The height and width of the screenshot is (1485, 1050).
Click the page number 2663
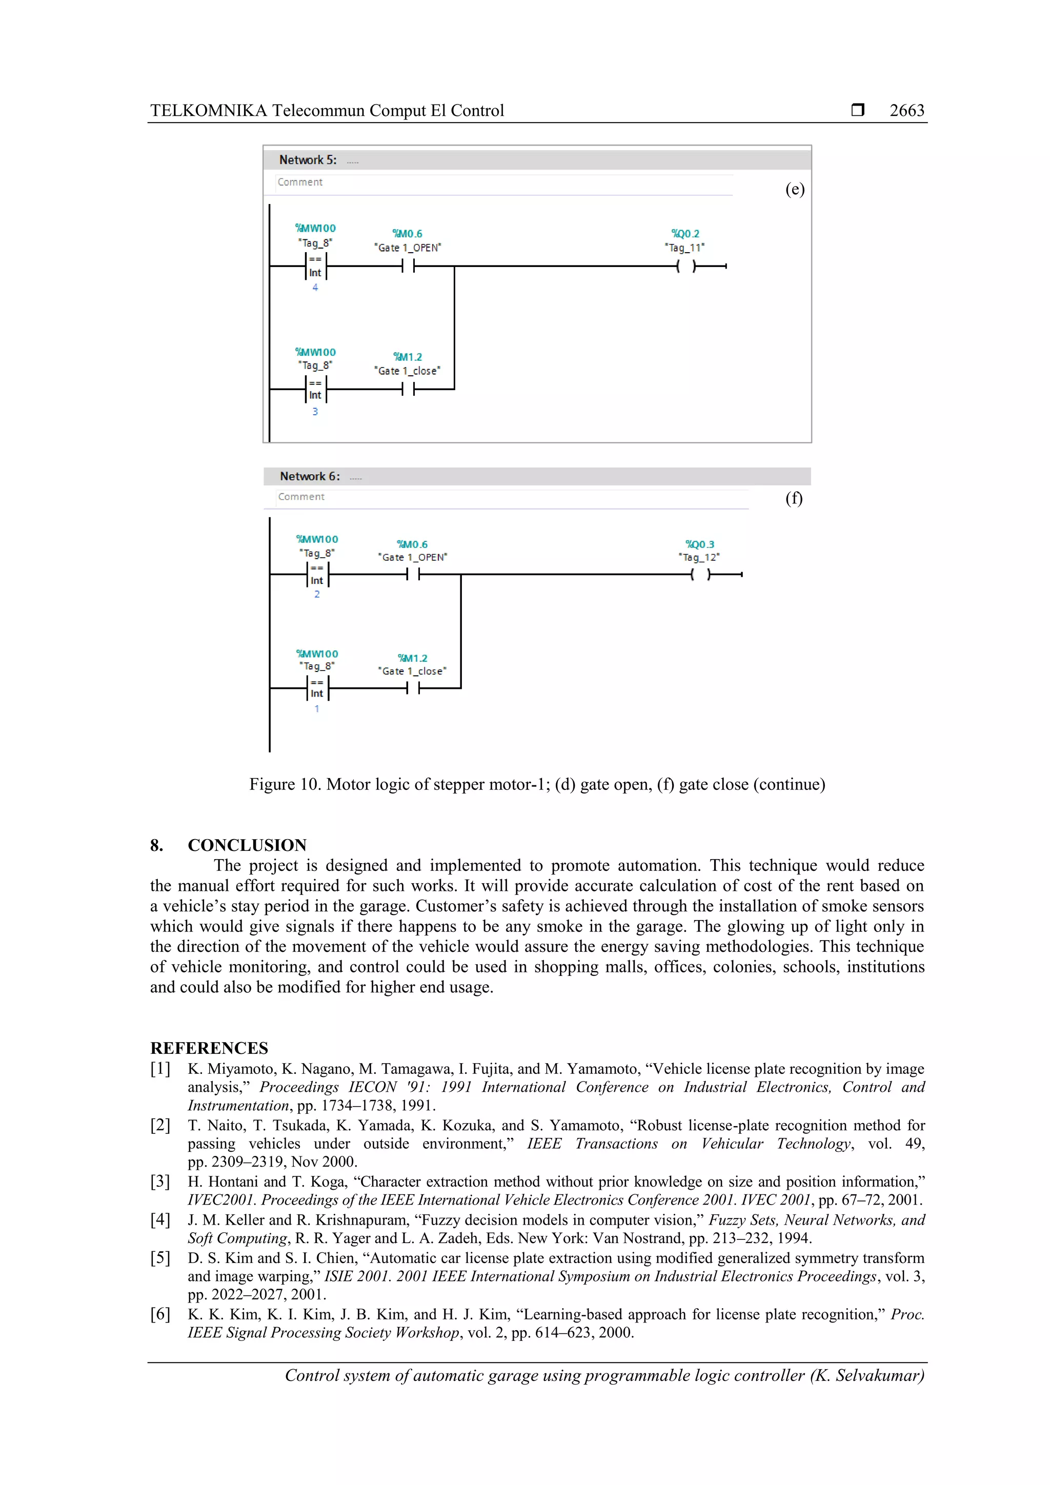pyautogui.click(x=906, y=111)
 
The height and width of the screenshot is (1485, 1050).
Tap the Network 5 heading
pyautogui.click(x=307, y=160)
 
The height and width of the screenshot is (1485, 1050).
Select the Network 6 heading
pyautogui.click(x=309, y=476)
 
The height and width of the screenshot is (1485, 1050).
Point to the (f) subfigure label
pyautogui.click(x=794, y=498)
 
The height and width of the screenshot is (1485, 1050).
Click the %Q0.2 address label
pyautogui.click(x=684, y=233)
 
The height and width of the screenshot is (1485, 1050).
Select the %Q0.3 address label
pyautogui.click(x=699, y=544)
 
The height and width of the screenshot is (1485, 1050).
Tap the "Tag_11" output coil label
pyautogui.click(x=684, y=248)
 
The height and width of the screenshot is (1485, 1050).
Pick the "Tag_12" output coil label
pyautogui.click(x=699, y=557)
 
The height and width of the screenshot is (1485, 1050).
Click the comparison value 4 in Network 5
pyautogui.click(x=315, y=288)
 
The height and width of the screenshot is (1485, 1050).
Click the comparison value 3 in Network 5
pyautogui.click(x=315, y=411)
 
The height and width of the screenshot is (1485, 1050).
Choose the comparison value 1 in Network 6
pyautogui.click(x=316, y=709)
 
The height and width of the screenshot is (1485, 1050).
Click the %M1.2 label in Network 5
pyautogui.click(x=407, y=357)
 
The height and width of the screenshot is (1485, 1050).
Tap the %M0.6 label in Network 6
pyautogui.click(x=412, y=544)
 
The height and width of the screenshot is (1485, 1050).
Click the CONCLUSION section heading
pyautogui.click(x=247, y=845)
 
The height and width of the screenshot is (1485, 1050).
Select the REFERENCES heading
pyautogui.click(x=209, y=1048)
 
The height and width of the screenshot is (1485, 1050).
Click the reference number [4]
pyautogui.click(x=160, y=1220)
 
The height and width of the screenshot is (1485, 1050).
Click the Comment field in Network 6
pyautogui.click(x=301, y=497)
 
